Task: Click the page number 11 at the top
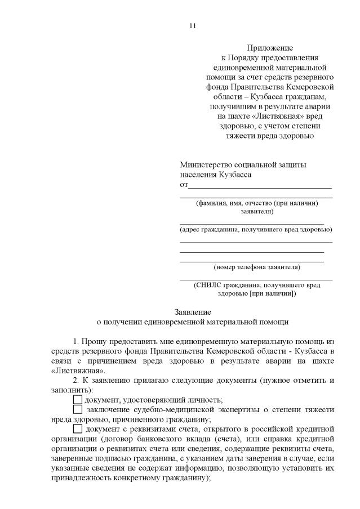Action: coord(192,26)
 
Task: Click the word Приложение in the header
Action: coord(269,48)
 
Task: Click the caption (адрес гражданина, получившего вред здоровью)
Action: coord(256,230)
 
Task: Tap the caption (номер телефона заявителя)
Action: coord(256,267)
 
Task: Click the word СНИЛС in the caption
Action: coord(208,285)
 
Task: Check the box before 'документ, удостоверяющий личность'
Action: coord(78,399)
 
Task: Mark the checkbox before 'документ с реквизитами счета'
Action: coord(78,430)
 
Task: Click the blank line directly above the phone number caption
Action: coord(252,261)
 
